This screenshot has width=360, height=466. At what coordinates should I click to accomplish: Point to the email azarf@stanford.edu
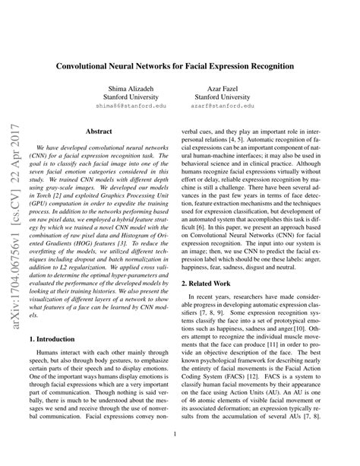[x=226, y=108]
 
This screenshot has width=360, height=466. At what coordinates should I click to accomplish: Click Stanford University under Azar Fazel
[x=226, y=99]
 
